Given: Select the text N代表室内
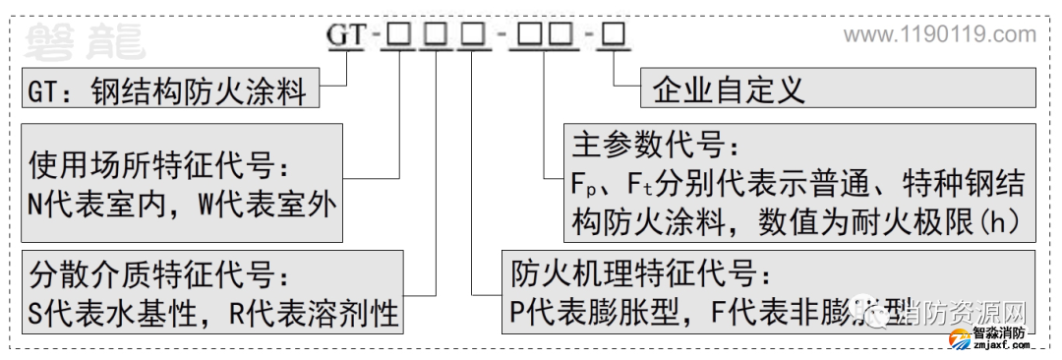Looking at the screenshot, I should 104,207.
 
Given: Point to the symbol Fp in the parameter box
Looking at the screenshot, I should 584,184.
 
